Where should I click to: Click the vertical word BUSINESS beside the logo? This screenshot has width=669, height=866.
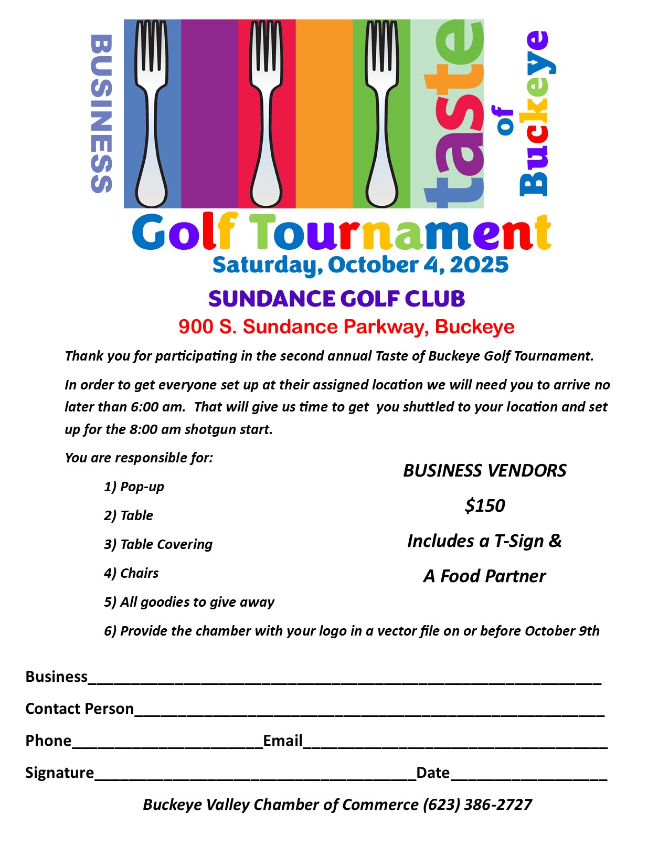tap(101, 113)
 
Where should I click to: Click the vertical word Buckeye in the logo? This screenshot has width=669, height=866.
tap(536, 113)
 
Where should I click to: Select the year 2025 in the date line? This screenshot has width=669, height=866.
tap(479, 265)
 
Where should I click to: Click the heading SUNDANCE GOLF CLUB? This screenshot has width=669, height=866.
tap(336, 299)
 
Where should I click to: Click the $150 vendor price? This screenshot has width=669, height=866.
tap(485, 505)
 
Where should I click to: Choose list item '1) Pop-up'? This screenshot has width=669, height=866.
tap(134, 487)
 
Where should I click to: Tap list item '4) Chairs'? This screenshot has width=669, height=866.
tap(131, 573)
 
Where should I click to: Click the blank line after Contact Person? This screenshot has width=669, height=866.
tap(369, 712)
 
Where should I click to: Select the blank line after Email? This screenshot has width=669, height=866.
tap(455, 744)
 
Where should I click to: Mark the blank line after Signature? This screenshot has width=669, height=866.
tap(255, 776)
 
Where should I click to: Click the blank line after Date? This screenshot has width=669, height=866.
tap(528, 776)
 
